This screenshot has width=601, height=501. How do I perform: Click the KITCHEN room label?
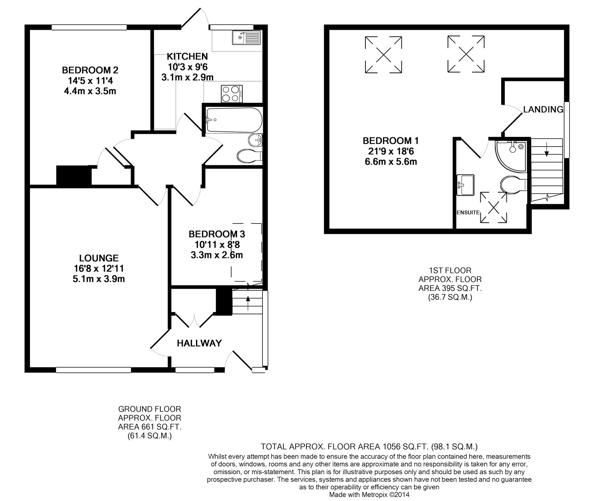pyautogui.click(x=187, y=56)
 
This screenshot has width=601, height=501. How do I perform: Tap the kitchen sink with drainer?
pyautogui.click(x=246, y=38)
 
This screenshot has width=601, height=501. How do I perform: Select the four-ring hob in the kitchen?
pyautogui.click(x=231, y=94)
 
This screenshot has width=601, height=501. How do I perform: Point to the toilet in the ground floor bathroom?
pyautogui.click(x=249, y=155)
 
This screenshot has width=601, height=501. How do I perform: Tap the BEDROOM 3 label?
pyautogui.click(x=217, y=234)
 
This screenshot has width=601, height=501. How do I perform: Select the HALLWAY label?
pyautogui.click(x=199, y=343)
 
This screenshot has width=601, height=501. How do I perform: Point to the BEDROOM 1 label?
pyautogui.click(x=390, y=141)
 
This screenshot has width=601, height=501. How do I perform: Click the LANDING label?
pyautogui.click(x=543, y=109)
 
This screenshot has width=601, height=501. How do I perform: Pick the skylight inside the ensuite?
pyautogui.click(x=493, y=207)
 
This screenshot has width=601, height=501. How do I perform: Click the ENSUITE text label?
pyautogui.click(x=468, y=212)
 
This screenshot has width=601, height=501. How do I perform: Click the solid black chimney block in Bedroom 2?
pyautogui.click(x=74, y=175)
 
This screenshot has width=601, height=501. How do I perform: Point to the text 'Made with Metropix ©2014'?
pyautogui.click(x=369, y=495)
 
